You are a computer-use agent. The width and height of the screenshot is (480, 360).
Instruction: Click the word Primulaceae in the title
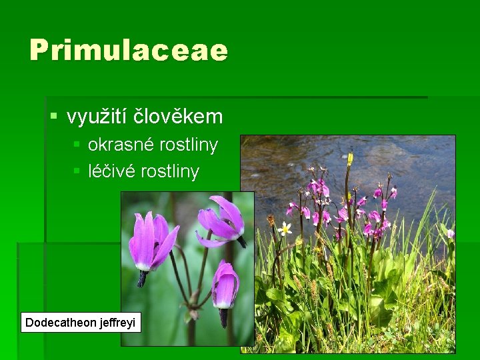(x=129, y=51)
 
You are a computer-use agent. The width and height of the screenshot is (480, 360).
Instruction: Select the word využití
(x=98, y=117)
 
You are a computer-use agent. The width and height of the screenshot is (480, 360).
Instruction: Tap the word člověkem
(x=179, y=117)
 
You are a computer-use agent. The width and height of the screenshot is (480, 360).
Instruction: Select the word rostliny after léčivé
(x=169, y=171)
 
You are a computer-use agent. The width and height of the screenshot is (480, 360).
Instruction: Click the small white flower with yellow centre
(x=285, y=229)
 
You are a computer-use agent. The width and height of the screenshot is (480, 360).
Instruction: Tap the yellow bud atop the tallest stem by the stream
(x=350, y=159)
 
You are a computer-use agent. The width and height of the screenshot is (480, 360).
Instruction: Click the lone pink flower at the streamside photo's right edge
(x=450, y=233)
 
